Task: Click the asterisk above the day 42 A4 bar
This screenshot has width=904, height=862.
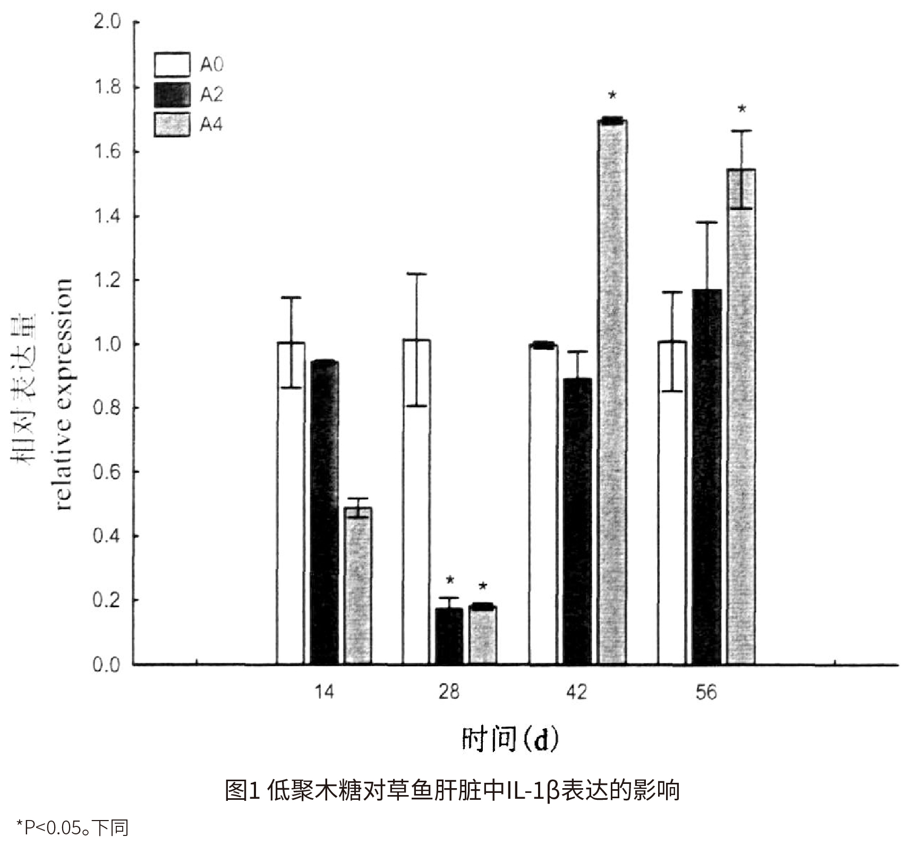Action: [x=612, y=96]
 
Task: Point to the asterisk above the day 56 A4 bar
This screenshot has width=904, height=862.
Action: [x=742, y=110]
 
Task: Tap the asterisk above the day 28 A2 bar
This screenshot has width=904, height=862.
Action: [x=450, y=580]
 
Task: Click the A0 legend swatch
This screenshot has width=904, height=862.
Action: [x=172, y=65]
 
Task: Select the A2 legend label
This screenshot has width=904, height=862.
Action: [x=211, y=95]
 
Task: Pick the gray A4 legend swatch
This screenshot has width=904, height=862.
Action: [x=172, y=124]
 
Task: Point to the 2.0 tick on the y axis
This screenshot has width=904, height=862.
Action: [x=107, y=23]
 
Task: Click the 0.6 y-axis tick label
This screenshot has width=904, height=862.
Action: [x=107, y=472]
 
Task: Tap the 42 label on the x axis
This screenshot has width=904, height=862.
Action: [x=577, y=692]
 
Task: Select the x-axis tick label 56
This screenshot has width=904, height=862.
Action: [x=706, y=692]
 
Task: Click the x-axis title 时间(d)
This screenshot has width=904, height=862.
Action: [x=510, y=739]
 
